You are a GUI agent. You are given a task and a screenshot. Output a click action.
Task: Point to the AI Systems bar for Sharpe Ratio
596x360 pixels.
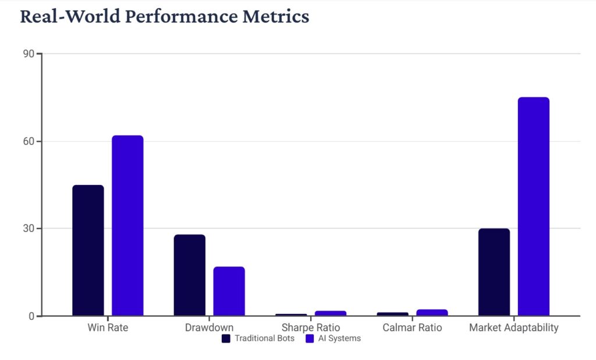pyautogui.click(x=331, y=313)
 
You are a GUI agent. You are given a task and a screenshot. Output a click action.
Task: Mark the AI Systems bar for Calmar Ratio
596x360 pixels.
pyautogui.click(x=432, y=313)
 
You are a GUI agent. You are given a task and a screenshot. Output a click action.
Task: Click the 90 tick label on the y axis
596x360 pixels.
pyautogui.click(x=28, y=54)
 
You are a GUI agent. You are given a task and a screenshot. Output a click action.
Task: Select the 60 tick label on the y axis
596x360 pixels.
pyautogui.click(x=28, y=141)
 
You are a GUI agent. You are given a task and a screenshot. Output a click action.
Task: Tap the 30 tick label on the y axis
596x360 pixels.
pyautogui.click(x=28, y=229)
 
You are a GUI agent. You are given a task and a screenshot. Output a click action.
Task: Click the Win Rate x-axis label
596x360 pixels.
pyautogui.click(x=108, y=327)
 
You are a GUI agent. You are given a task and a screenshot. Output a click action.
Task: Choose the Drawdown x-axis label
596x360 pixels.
pyautogui.click(x=209, y=327)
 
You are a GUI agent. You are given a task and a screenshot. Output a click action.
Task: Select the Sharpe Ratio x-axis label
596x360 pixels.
pyautogui.click(x=310, y=327)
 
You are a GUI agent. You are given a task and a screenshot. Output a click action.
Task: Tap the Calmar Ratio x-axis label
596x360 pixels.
pyautogui.click(x=412, y=327)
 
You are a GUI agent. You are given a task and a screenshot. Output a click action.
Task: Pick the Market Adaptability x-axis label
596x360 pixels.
pyautogui.click(x=513, y=327)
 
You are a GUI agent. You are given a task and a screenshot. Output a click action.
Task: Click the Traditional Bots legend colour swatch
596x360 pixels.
pyautogui.click(x=226, y=338)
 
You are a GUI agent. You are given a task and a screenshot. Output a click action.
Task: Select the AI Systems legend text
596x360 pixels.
pyautogui.click(x=339, y=338)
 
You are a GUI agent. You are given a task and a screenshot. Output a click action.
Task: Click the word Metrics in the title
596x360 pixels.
pyautogui.click(x=275, y=16)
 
